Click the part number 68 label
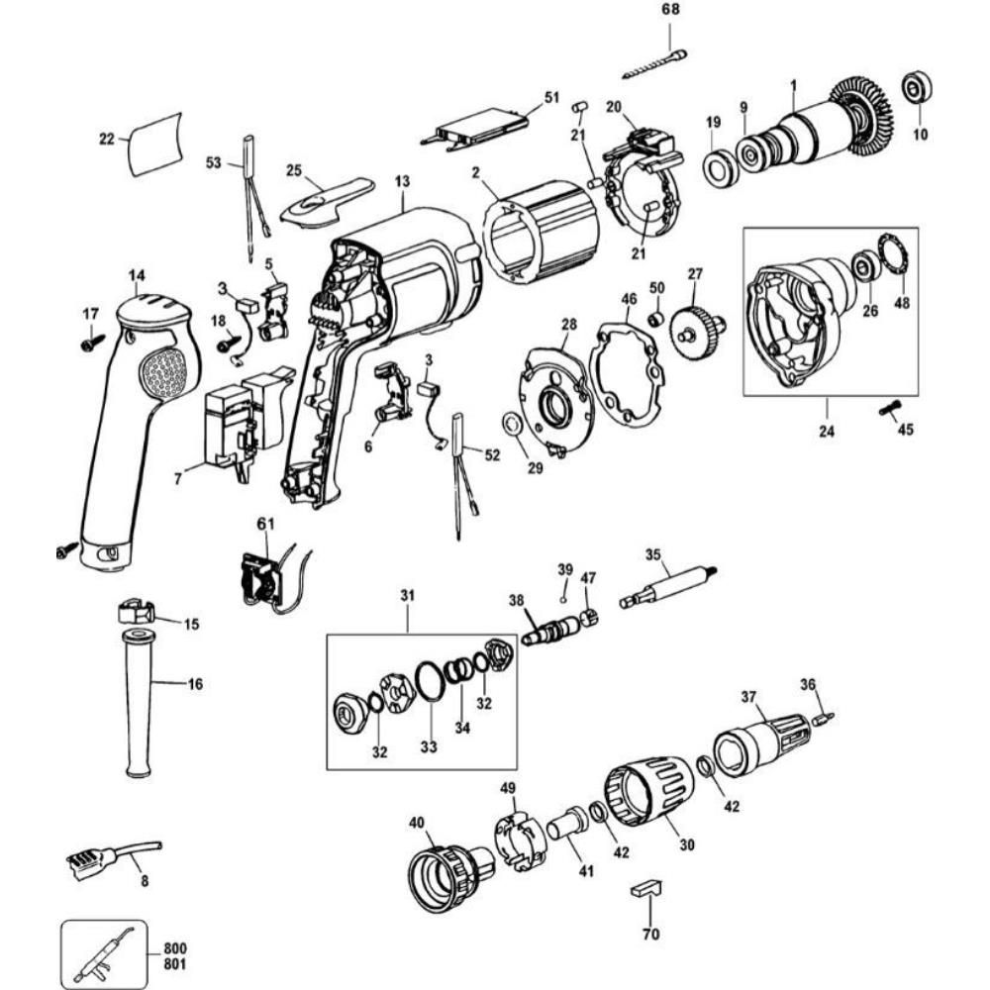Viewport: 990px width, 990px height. click(x=672, y=10)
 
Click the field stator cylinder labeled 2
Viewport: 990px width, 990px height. click(x=540, y=229)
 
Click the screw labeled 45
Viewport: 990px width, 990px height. click(x=886, y=408)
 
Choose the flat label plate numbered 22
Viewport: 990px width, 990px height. click(x=156, y=143)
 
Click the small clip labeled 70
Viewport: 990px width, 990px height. click(x=644, y=886)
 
